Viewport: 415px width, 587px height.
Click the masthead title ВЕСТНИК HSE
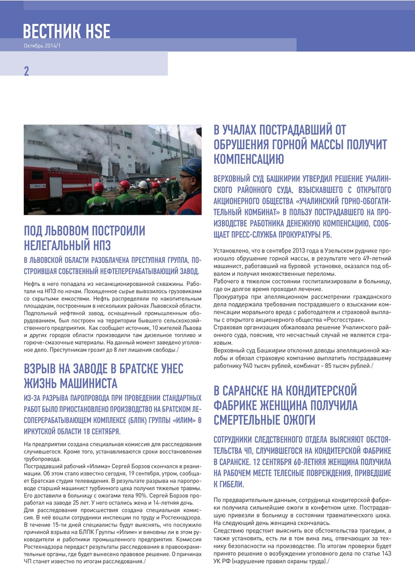click(66, 32)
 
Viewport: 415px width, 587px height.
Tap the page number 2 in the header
click(26, 72)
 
